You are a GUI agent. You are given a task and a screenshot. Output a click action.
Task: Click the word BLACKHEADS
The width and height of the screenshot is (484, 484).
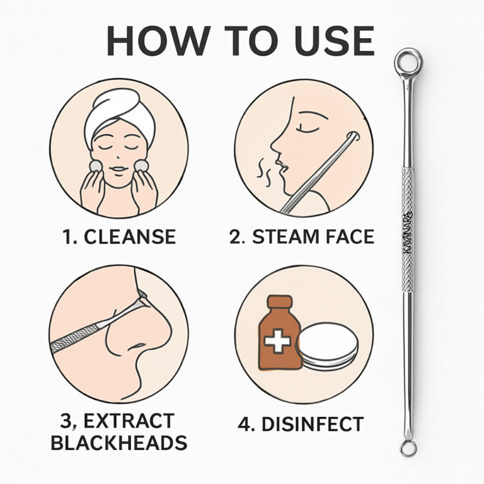[x=119, y=443]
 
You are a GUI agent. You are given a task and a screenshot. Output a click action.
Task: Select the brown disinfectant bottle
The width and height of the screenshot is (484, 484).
[x=278, y=336]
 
